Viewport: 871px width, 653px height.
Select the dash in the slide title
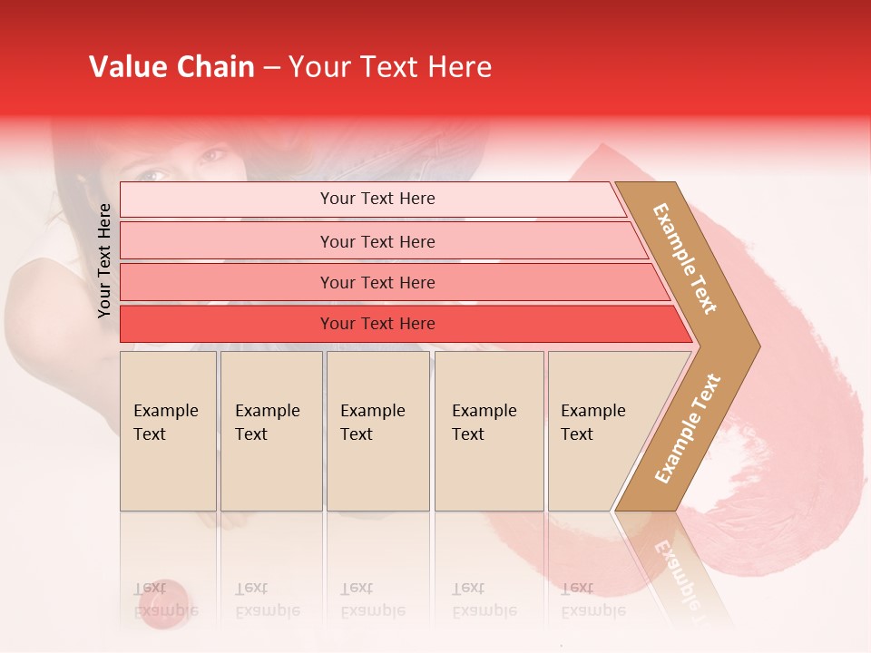tap(271, 68)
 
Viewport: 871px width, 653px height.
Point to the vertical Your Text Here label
tap(104, 260)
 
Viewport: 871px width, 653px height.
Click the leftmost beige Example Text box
tap(168, 431)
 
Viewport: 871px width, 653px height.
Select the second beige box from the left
tap(271, 431)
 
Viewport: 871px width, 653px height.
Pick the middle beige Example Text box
tap(377, 431)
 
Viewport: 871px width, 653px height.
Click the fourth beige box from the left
tap(489, 431)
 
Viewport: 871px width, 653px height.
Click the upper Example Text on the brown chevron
tap(685, 258)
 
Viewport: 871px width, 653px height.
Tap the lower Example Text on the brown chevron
tap(687, 429)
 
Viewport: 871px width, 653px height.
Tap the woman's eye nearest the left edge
tap(151, 174)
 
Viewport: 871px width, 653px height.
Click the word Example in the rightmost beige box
tap(592, 411)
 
